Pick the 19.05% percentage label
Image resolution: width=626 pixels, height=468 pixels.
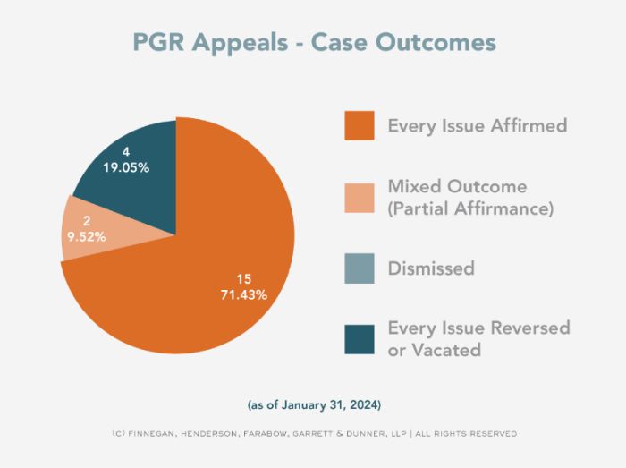pyautogui.click(x=126, y=166)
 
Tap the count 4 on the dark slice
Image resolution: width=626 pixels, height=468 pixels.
pyautogui.click(x=126, y=151)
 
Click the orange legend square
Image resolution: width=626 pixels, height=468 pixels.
pyautogui.click(x=360, y=125)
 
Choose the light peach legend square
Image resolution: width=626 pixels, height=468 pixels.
pyautogui.click(x=360, y=197)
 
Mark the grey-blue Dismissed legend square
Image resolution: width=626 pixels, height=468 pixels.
pyautogui.click(x=360, y=268)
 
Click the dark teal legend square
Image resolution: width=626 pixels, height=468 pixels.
pyautogui.click(x=360, y=338)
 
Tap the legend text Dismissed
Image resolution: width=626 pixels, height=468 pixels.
pyautogui.click(x=431, y=268)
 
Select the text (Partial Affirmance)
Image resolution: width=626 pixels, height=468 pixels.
pyautogui.click(x=470, y=209)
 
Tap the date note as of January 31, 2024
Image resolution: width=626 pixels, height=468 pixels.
pyautogui.click(x=314, y=405)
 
